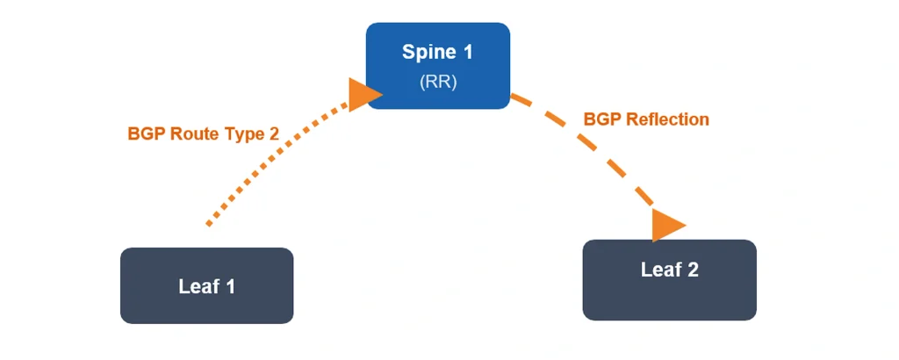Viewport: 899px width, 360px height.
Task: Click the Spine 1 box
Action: click(x=438, y=66)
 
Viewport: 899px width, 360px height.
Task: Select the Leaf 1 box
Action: click(x=206, y=285)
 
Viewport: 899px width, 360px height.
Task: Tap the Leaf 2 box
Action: click(x=669, y=280)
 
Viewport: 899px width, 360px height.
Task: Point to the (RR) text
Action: click(x=438, y=82)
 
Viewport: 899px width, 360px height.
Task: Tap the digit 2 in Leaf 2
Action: click(x=693, y=270)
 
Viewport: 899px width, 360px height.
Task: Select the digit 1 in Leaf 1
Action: click(x=229, y=286)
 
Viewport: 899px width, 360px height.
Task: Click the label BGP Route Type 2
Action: click(x=204, y=134)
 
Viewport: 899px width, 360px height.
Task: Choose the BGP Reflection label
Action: click(x=646, y=119)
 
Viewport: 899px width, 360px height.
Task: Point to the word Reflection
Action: click(x=667, y=119)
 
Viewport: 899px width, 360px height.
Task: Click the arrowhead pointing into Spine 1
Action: click(x=362, y=94)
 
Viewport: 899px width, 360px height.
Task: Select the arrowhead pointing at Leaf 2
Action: click(x=666, y=224)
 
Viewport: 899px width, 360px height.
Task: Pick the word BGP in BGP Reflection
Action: click(x=602, y=119)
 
